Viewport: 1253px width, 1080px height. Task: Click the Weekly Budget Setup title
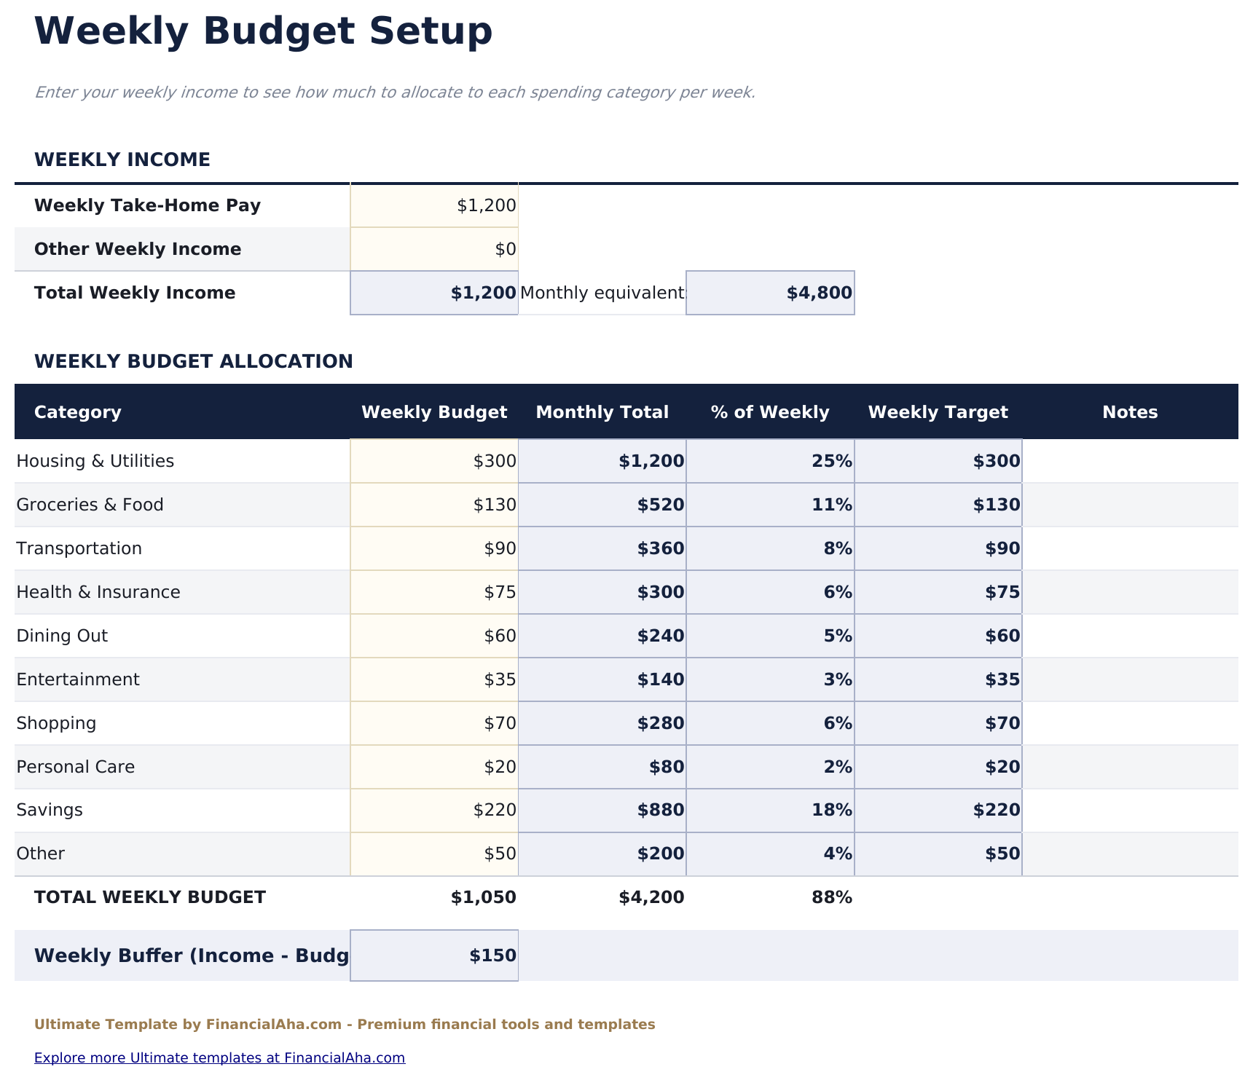(x=263, y=32)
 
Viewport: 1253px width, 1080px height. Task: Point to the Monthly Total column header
(x=602, y=412)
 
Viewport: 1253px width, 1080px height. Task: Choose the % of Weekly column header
(x=770, y=412)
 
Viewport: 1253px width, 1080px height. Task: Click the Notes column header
(x=1129, y=412)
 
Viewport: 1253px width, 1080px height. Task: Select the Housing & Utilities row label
(x=95, y=461)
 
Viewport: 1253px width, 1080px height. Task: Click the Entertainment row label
(x=78, y=679)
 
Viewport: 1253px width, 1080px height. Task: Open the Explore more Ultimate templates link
(x=219, y=1057)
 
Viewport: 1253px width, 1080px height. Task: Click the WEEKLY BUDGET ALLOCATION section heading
(x=193, y=361)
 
